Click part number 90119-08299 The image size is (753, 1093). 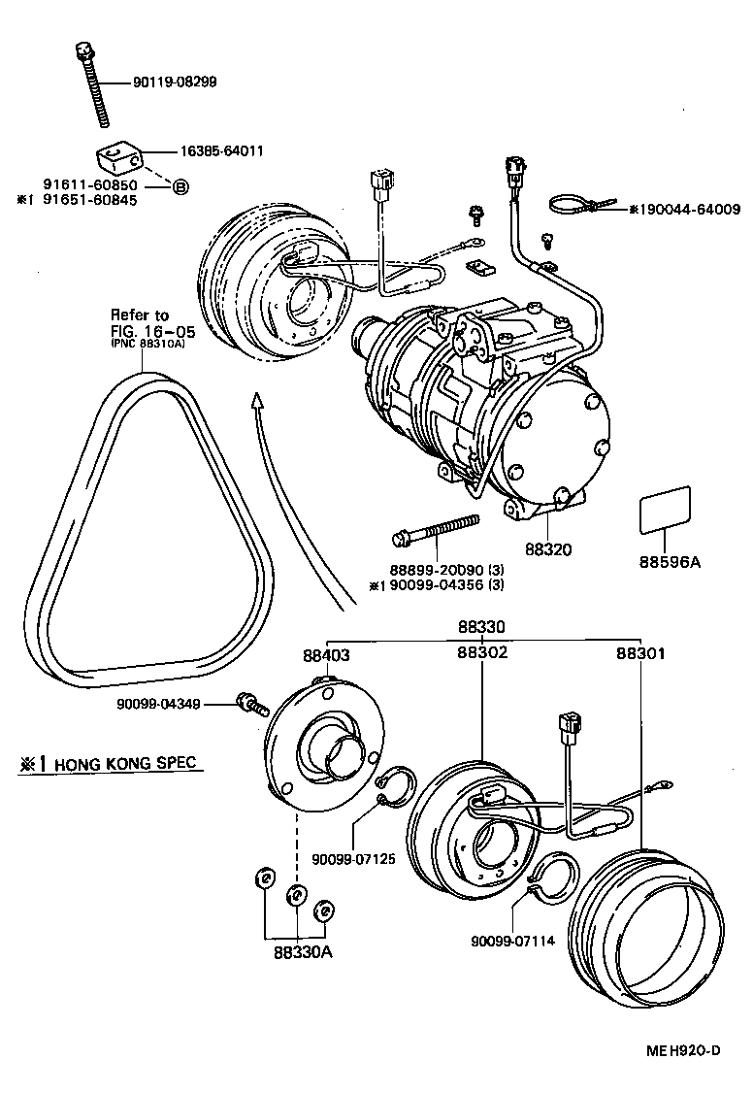175,83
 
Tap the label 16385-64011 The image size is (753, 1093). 221,151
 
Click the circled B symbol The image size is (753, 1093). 180,186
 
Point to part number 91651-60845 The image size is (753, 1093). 89,200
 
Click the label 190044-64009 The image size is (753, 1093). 691,209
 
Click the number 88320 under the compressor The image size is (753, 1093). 549,549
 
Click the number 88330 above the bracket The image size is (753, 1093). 481,629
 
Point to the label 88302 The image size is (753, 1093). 482,654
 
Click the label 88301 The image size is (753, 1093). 640,654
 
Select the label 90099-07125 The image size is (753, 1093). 351,858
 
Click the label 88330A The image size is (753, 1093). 302,952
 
